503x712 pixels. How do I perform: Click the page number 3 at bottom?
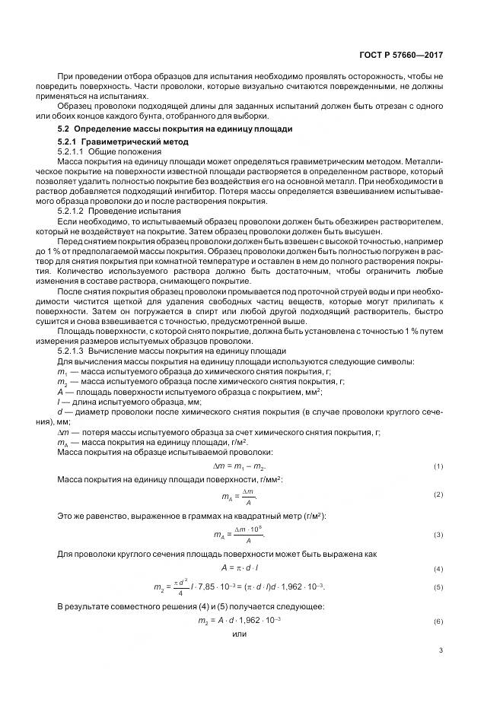click(x=441, y=650)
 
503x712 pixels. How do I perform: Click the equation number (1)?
click(x=438, y=466)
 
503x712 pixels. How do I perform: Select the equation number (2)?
click(x=438, y=495)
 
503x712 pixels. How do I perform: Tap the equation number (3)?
click(x=438, y=535)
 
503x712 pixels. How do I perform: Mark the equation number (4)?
click(x=438, y=569)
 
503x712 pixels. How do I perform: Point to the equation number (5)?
click(x=438, y=587)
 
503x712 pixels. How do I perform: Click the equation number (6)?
click(x=438, y=621)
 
